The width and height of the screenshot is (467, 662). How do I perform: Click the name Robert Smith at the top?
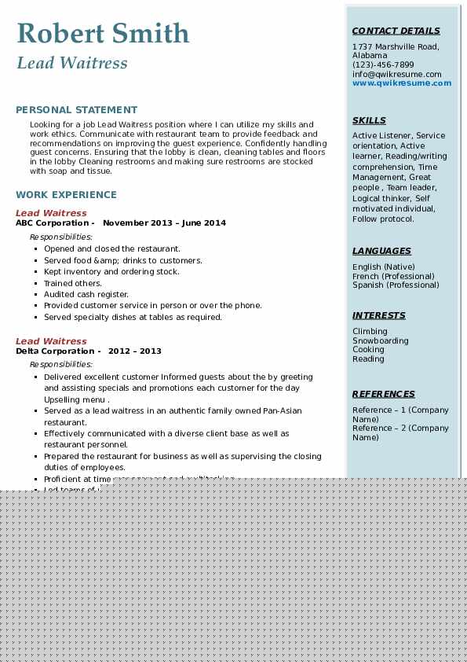(103, 33)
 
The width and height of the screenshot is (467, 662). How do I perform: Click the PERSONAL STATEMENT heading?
(76, 110)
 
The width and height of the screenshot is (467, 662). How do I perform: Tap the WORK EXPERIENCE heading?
(66, 195)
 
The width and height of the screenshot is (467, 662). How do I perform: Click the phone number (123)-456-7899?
(383, 65)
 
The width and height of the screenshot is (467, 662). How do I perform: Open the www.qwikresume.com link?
(401, 83)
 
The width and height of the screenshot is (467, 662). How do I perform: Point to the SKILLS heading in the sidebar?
(369, 121)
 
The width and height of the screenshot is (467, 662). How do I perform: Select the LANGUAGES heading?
(381, 252)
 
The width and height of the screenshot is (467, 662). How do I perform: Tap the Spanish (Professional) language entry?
(396, 285)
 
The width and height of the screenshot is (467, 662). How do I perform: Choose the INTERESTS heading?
(379, 316)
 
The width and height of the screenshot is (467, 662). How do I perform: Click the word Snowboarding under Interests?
(381, 341)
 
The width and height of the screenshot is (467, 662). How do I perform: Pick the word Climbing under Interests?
(370, 332)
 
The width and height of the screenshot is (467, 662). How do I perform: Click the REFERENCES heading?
(383, 395)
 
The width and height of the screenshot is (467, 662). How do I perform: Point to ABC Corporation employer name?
(52, 223)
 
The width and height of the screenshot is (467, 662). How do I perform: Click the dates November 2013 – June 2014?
(164, 223)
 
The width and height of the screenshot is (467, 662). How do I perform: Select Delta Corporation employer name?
(54, 351)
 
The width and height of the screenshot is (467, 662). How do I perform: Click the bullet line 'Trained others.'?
(73, 283)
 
